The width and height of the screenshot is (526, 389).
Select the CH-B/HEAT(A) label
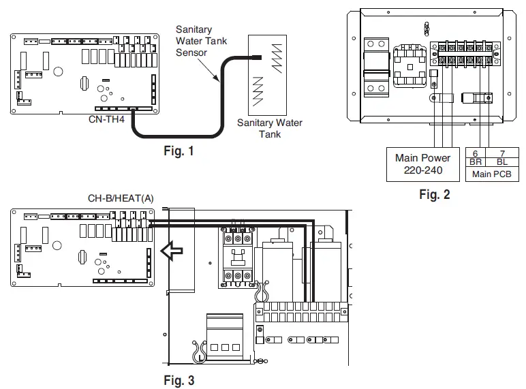120,199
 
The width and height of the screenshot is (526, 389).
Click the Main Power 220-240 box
422,164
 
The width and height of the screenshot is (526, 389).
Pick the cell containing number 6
475,153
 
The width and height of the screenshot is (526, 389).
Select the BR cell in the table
475,162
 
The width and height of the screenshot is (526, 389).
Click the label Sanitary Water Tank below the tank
269,128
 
